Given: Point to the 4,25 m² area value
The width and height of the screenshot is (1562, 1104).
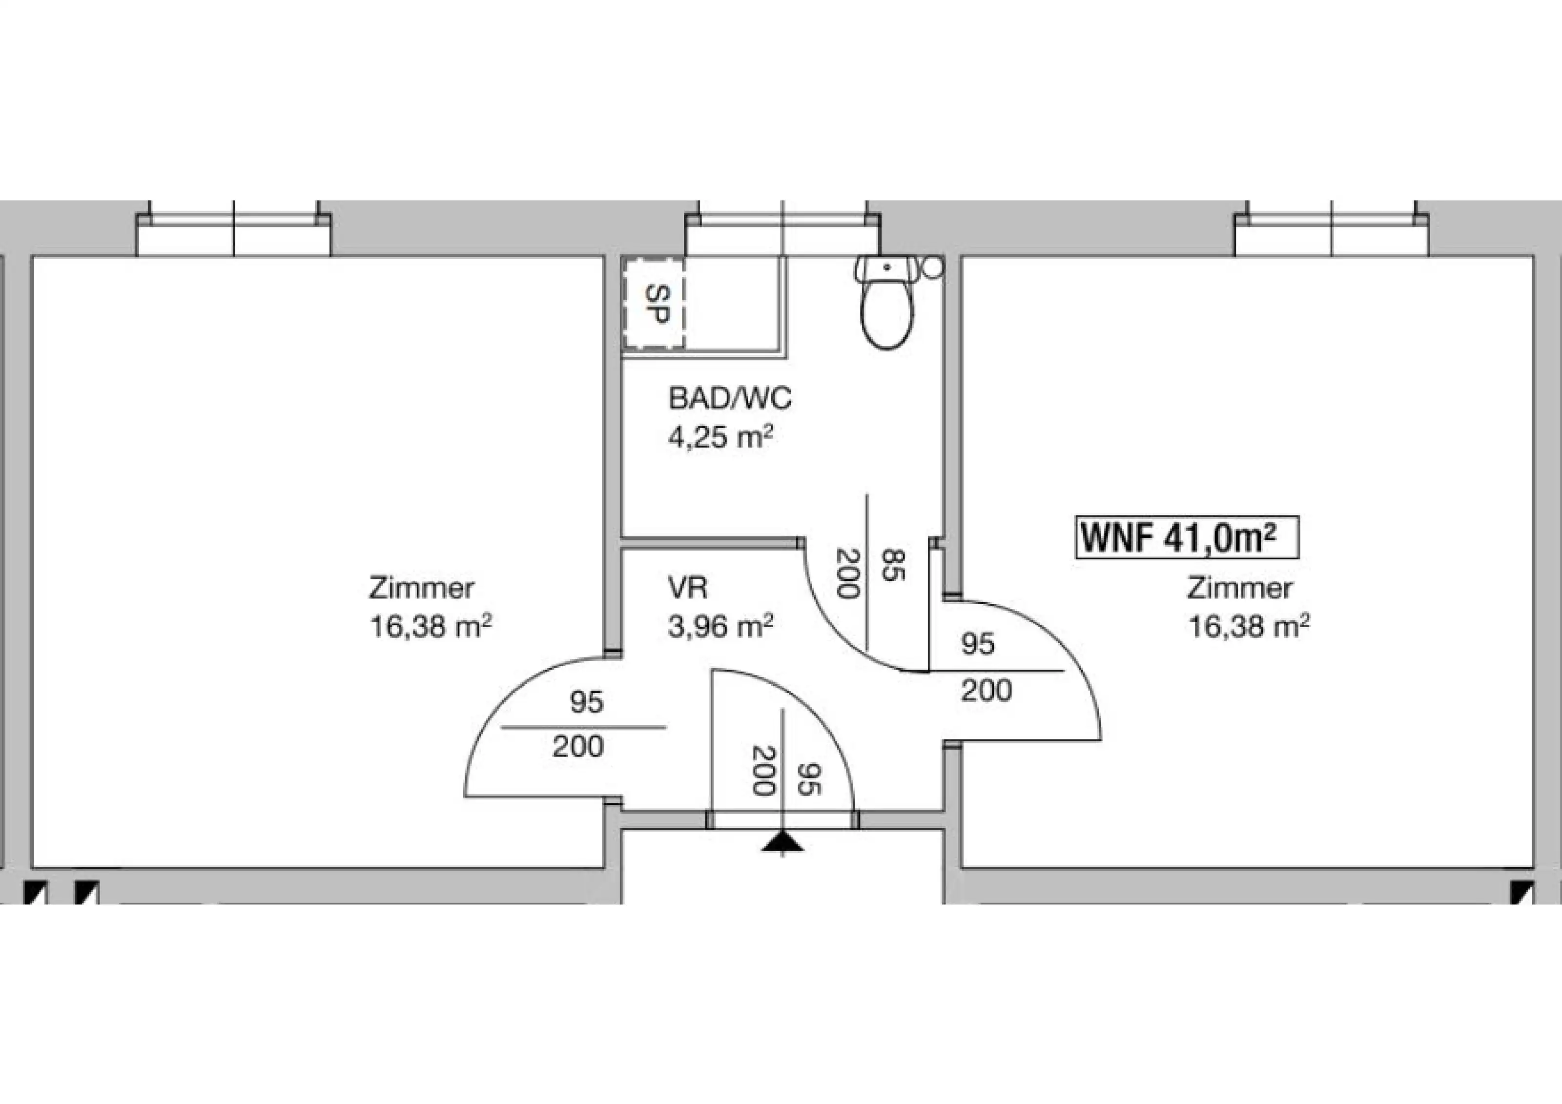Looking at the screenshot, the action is click(720, 437).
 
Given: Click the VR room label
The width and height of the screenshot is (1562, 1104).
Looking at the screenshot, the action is click(687, 588).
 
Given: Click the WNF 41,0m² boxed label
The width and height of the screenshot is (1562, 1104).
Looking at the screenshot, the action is click(1187, 538).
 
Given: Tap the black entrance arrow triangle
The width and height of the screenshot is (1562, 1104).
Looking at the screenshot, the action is click(782, 843).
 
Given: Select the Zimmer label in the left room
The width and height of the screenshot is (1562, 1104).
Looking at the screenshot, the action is click(422, 588).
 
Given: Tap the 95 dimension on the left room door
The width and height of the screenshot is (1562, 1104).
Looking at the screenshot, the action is click(586, 702).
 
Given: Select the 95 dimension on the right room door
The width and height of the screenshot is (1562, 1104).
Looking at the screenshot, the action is click(978, 643).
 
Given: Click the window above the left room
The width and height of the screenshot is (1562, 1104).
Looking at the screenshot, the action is click(234, 228).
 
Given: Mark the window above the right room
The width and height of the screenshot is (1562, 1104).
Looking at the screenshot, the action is click(1332, 228).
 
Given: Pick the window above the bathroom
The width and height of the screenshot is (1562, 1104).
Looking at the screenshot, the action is click(783, 228).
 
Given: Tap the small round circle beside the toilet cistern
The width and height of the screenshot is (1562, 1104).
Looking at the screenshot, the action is click(933, 266).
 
